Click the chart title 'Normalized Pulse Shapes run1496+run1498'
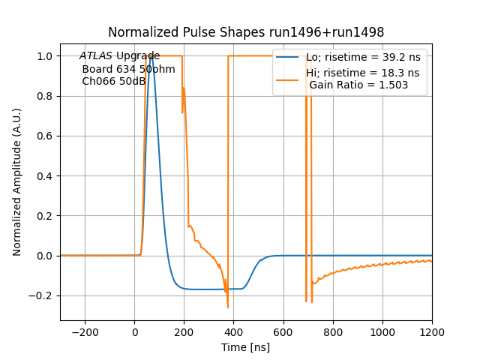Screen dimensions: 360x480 [246, 32]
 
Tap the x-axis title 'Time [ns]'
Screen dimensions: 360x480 [245, 347]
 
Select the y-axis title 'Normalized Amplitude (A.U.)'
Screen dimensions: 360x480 [17, 181]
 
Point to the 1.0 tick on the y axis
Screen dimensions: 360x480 [46, 56]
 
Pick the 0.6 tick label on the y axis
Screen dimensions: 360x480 [46, 136]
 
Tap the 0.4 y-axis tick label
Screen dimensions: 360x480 [46, 176]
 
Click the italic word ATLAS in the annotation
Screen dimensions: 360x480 [96, 56]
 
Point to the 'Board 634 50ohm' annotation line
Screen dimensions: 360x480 [128, 69]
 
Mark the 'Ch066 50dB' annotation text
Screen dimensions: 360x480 [114, 81]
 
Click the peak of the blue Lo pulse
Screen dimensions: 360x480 [151, 56]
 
